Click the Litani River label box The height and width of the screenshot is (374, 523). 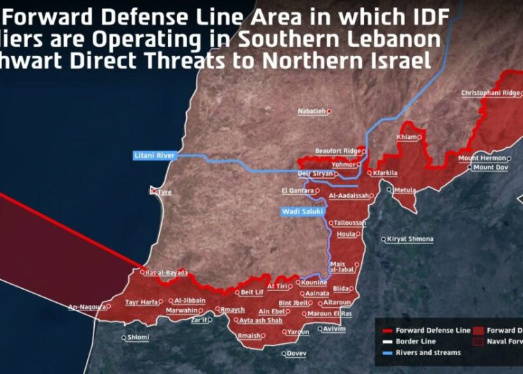coord(155,156)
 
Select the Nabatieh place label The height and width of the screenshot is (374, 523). coord(312,111)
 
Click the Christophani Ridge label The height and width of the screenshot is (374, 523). coord(490,93)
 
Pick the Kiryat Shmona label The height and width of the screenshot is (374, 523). coord(410,239)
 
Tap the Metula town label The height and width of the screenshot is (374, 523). coord(404,190)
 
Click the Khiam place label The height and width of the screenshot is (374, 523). coord(407,137)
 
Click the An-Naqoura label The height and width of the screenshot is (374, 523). coord(87,306)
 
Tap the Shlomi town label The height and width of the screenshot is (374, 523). coord(137,338)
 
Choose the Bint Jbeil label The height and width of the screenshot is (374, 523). coord(294,303)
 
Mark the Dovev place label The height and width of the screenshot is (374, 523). coord(296,353)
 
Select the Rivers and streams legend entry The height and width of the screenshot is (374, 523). coord(428,352)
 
